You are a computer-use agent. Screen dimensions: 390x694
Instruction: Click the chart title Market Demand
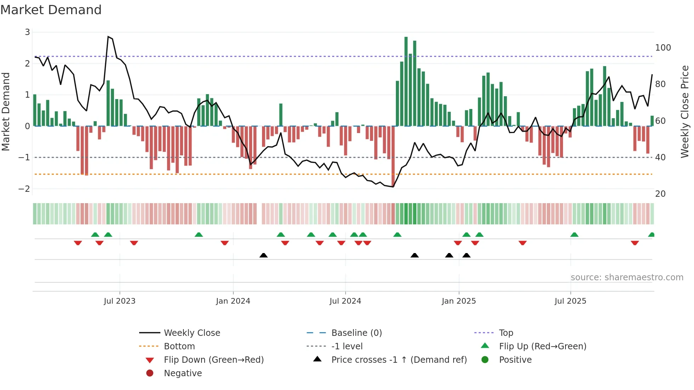pyautogui.click(x=51, y=10)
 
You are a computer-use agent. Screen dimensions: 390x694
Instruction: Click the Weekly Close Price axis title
pyautogui.click(x=685, y=111)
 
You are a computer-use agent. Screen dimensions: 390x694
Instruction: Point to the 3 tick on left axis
pyautogui.click(x=27, y=32)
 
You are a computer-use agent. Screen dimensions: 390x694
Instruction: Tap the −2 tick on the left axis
pyautogui.click(x=24, y=189)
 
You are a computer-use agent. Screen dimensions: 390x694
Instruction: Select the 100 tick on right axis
pyautogui.click(x=663, y=48)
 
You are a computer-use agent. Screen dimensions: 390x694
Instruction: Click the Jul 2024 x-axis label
pyautogui.click(x=345, y=301)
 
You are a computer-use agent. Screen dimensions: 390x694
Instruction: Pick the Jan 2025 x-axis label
pyautogui.click(x=459, y=301)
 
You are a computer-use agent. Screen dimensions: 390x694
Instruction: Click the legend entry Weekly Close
pyautogui.click(x=192, y=333)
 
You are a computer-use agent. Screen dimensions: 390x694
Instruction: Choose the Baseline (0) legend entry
pyautogui.click(x=356, y=333)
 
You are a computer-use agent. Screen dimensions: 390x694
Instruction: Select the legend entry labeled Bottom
pyautogui.click(x=179, y=346)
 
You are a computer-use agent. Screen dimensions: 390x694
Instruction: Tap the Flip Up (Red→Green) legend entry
pyautogui.click(x=542, y=346)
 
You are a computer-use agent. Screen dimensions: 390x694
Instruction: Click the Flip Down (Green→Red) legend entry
pyautogui.click(x=214, y=360)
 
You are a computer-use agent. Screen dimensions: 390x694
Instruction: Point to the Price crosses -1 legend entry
pyautogui.click(x=399, y=360)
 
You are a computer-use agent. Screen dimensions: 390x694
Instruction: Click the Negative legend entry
pyautogui.click(x=183, y=373)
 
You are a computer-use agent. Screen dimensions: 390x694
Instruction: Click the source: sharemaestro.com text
pyautogui.click(x=627, y=277)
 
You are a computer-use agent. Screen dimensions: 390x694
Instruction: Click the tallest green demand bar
pyautogui.click(x=406, y=81)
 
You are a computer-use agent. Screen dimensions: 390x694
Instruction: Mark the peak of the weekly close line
pyautogui.click(x=108, y=37)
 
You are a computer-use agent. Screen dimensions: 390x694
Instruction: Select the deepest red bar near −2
pyautogui.click(x=393, y=156)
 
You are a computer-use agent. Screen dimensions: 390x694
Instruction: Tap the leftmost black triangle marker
pyautogui.click(x=263, y=255)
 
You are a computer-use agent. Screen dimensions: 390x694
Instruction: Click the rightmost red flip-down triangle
pyautogui.click(x=635, y=243)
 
